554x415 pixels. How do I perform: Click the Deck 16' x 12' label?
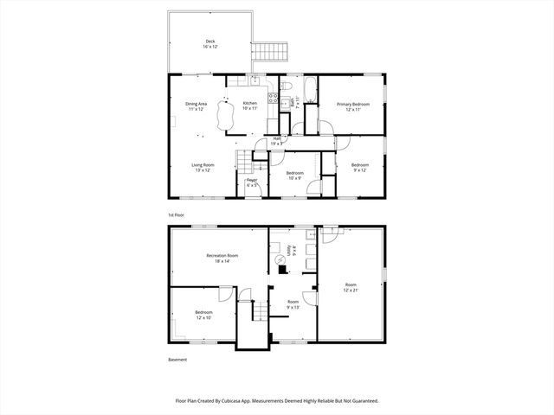(210, 43)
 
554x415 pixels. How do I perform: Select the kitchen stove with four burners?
(272, 99)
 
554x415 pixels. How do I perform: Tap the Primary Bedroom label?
(352, 106)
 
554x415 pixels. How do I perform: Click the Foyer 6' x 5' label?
(252, 182)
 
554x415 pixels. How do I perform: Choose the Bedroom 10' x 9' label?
(294, 176)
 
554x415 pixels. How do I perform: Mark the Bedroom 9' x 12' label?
(359, 167)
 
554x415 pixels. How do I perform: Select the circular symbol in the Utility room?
(280, 259)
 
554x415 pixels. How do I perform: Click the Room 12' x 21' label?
(351, 286)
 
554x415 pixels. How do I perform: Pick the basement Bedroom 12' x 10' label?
(203, 314)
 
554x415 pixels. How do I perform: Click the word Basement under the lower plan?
(177, 360)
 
